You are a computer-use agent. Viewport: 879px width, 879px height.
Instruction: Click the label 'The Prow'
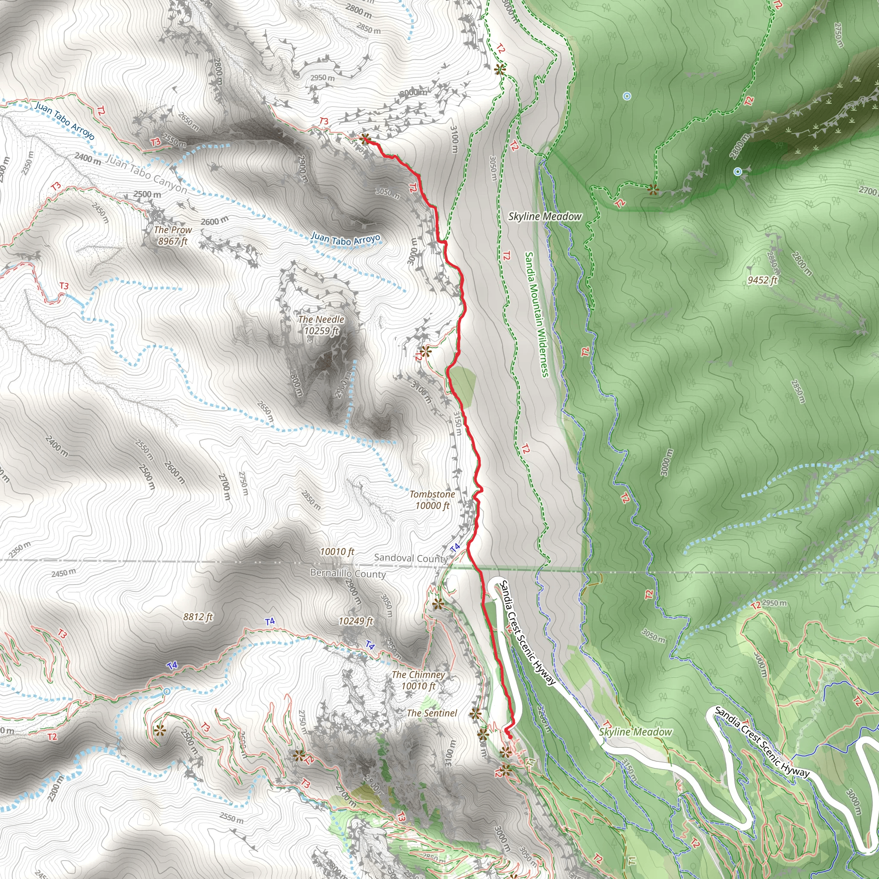pyautogui.click(x=173, y=230)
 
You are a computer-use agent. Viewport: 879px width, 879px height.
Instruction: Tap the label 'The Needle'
pyautogui.click(x=321, y=319)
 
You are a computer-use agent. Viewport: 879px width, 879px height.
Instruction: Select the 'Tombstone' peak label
pyautogui.click(x=432, y=494)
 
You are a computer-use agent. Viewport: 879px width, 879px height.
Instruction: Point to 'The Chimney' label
pyautogui.click(x=418, y=675)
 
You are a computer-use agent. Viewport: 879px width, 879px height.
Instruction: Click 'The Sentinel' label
pyautogui.click(x=432, y=713)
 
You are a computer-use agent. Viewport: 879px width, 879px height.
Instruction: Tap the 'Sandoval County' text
pyautogui.click(x=411, y=558)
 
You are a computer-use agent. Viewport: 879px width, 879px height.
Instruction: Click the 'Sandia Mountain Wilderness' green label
pyautogui.click(x=537, y=314)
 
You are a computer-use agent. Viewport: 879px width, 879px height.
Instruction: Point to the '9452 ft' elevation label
pyautogui.click(x=763, y=280)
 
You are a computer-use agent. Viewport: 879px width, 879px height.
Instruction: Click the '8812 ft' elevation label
pyautogui.click(x=198, y=617)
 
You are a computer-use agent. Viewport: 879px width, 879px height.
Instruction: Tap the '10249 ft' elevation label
pyautogui.click(x=356, y=621)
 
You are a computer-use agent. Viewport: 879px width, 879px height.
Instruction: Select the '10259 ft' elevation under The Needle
pyautogui.click(x=321, y=331)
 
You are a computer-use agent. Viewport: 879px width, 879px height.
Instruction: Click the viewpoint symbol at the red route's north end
pyautogui.click(x=364, y=139)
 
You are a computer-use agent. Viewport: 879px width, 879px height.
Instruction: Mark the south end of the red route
pyautogui.click(x=509, y=737)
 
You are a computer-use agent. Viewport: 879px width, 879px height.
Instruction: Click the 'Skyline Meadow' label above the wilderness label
pyautogui.click(x=545, y=217)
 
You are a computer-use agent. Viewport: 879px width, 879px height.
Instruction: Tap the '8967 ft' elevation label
pyautogui.click(x=173, y=241)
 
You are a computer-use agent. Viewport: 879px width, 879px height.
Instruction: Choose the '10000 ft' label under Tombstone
pyautogui.click(x=432, y=506)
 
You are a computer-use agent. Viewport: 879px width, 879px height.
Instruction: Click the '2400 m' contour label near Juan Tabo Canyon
pyautogui.click(x=88, y=159)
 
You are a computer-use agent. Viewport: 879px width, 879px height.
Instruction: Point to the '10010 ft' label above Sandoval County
pyautogui.click(x=336, y=552)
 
